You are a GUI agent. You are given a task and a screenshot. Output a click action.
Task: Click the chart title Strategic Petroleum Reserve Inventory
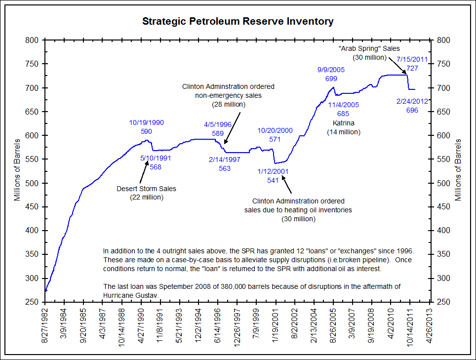(238, 21)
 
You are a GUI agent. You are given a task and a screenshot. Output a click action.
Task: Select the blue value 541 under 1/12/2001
(273, 180)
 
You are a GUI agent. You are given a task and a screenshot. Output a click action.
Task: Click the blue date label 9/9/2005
(331, 70)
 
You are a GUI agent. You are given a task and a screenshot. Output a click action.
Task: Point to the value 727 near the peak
(412, 69)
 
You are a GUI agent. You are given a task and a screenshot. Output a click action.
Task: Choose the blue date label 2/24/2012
(412, 101)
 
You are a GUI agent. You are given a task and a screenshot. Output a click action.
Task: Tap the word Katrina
(344, 122)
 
